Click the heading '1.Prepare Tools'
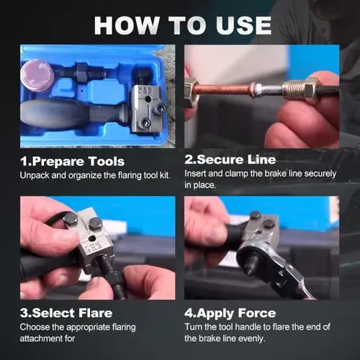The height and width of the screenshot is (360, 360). [x=72, y=161]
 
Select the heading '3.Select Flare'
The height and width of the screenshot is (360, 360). [x=67, y=313]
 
